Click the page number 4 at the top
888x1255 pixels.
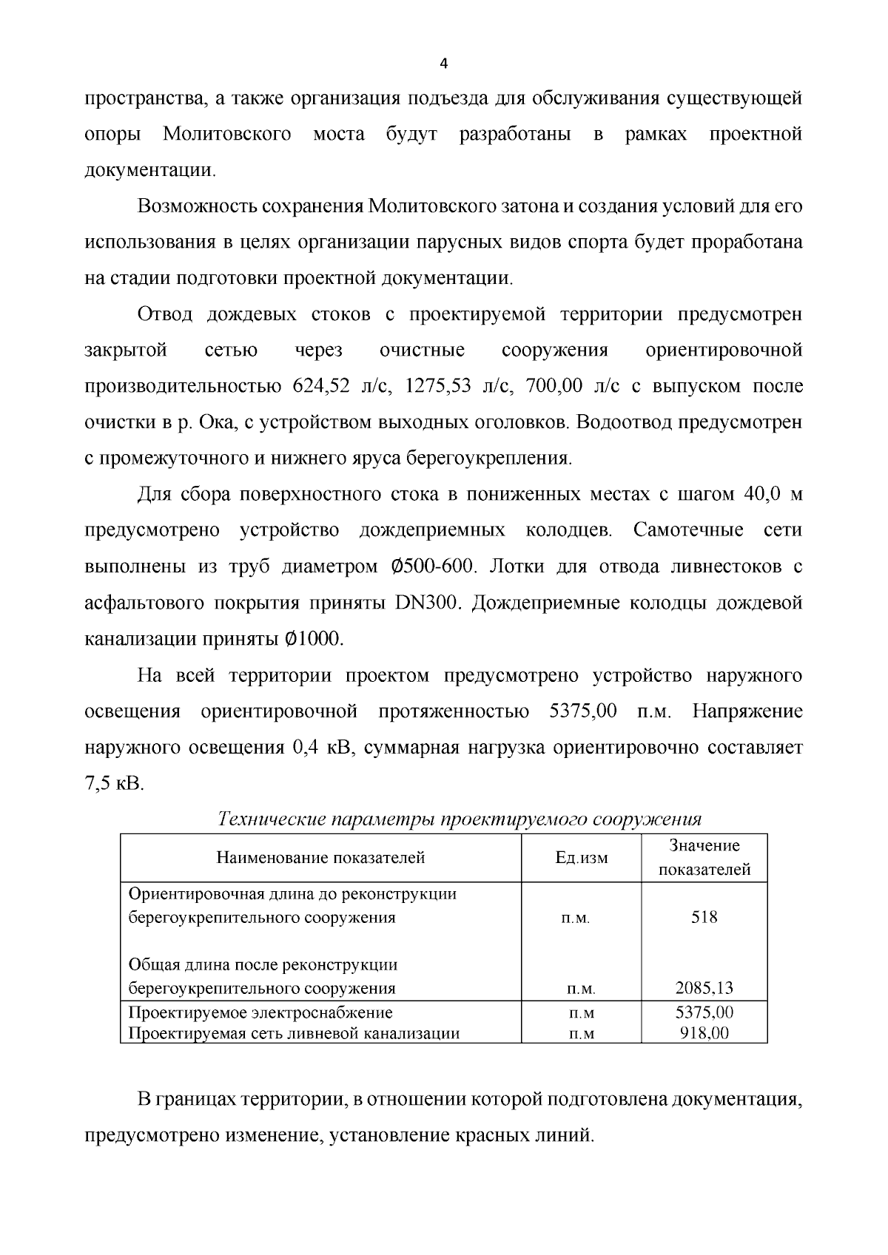[443, 64]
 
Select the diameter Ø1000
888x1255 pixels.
[314, 639]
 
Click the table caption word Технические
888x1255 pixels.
[272, 820]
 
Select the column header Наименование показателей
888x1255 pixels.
[320, 858]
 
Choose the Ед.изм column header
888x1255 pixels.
[582, 858]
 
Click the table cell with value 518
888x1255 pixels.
[704, 918]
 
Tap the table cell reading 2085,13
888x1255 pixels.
[704, 989]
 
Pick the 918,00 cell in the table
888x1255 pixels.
[704, 1033]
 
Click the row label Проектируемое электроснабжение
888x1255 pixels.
[260, 1012]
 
